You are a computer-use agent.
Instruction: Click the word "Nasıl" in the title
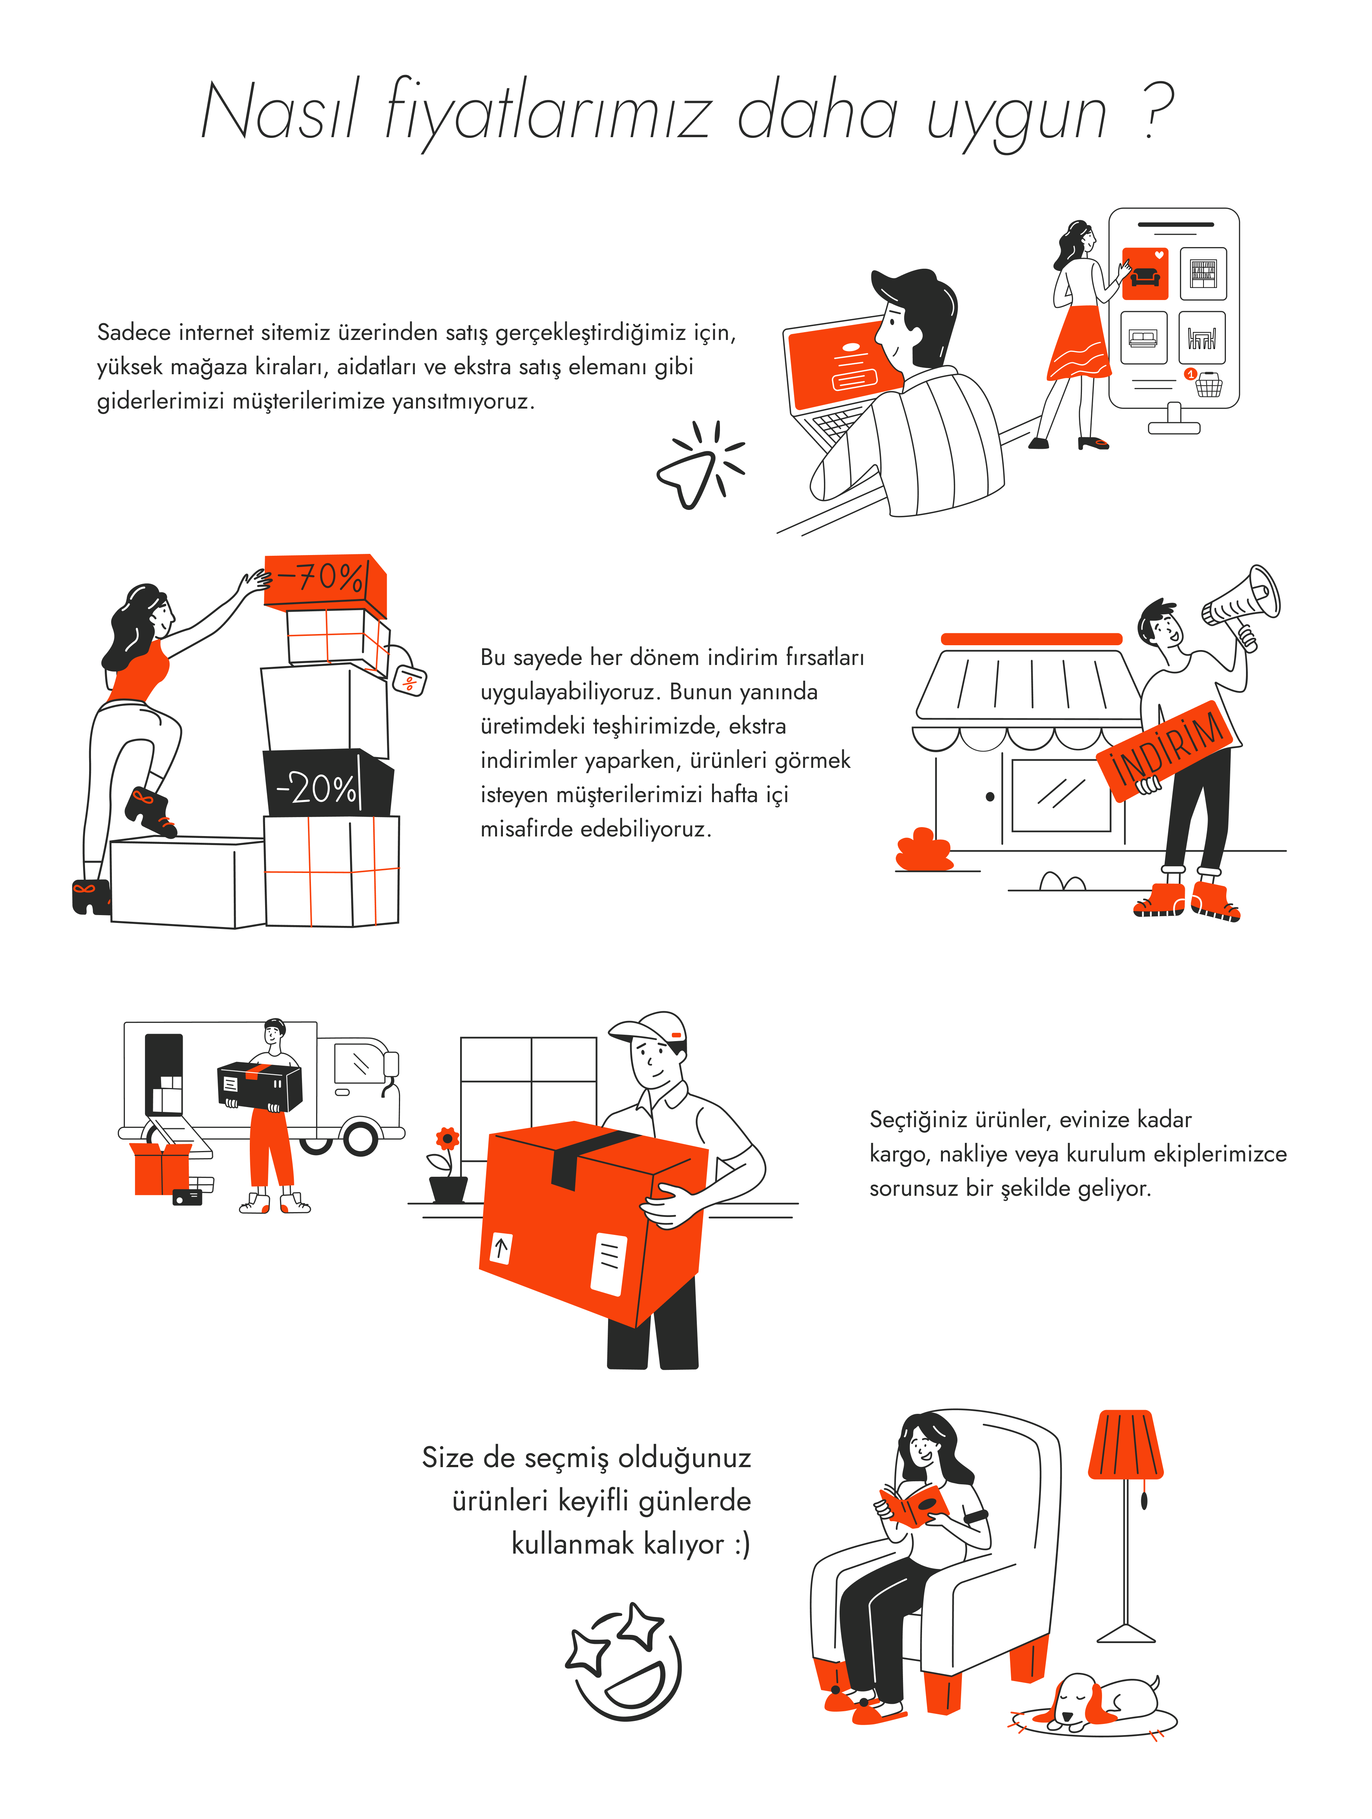pos(280,111)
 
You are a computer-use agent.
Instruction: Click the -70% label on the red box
pos(321,577)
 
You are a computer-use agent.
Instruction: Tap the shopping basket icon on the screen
pos(1208,384)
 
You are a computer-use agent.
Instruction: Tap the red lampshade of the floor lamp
pos(1125,1445)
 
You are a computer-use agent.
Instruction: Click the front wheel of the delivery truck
pos(360,1137)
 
